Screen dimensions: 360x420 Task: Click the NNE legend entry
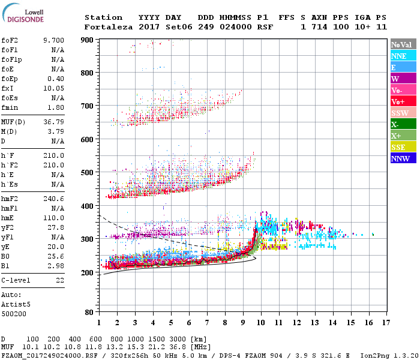[399, 56]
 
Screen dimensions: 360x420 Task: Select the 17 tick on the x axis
[387, 322]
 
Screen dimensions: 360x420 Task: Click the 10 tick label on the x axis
[261, 322]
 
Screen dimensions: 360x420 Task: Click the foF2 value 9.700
[53, 40]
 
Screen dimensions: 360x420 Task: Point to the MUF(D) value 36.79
[53, 121]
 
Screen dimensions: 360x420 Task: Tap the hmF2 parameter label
[11, 198]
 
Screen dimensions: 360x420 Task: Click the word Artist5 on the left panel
[16, 304]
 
